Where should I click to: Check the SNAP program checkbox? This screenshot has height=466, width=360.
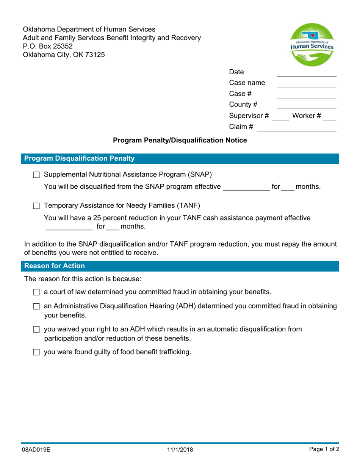36,175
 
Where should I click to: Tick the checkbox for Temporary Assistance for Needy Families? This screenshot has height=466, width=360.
36,206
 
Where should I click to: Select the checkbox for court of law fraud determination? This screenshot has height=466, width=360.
36,292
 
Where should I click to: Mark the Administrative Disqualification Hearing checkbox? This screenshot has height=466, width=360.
36,306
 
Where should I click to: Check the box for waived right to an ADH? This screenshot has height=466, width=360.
36,329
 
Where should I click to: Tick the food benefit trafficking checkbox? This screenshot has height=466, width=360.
36,352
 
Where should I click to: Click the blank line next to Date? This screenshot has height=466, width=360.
306,73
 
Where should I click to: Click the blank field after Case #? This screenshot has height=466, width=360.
306,94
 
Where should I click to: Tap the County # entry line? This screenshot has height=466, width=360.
306,105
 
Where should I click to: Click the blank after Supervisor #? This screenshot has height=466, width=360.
280,116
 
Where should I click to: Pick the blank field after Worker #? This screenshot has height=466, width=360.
330,116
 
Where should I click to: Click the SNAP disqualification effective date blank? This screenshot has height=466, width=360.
246,187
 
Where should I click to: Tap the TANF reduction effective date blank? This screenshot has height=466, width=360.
69,227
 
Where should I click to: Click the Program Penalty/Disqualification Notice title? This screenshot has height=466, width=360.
180,141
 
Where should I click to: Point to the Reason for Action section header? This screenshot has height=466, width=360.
55,266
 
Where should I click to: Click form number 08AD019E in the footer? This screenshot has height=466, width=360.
36,450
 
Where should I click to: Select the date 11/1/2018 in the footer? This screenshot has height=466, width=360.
180,450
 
